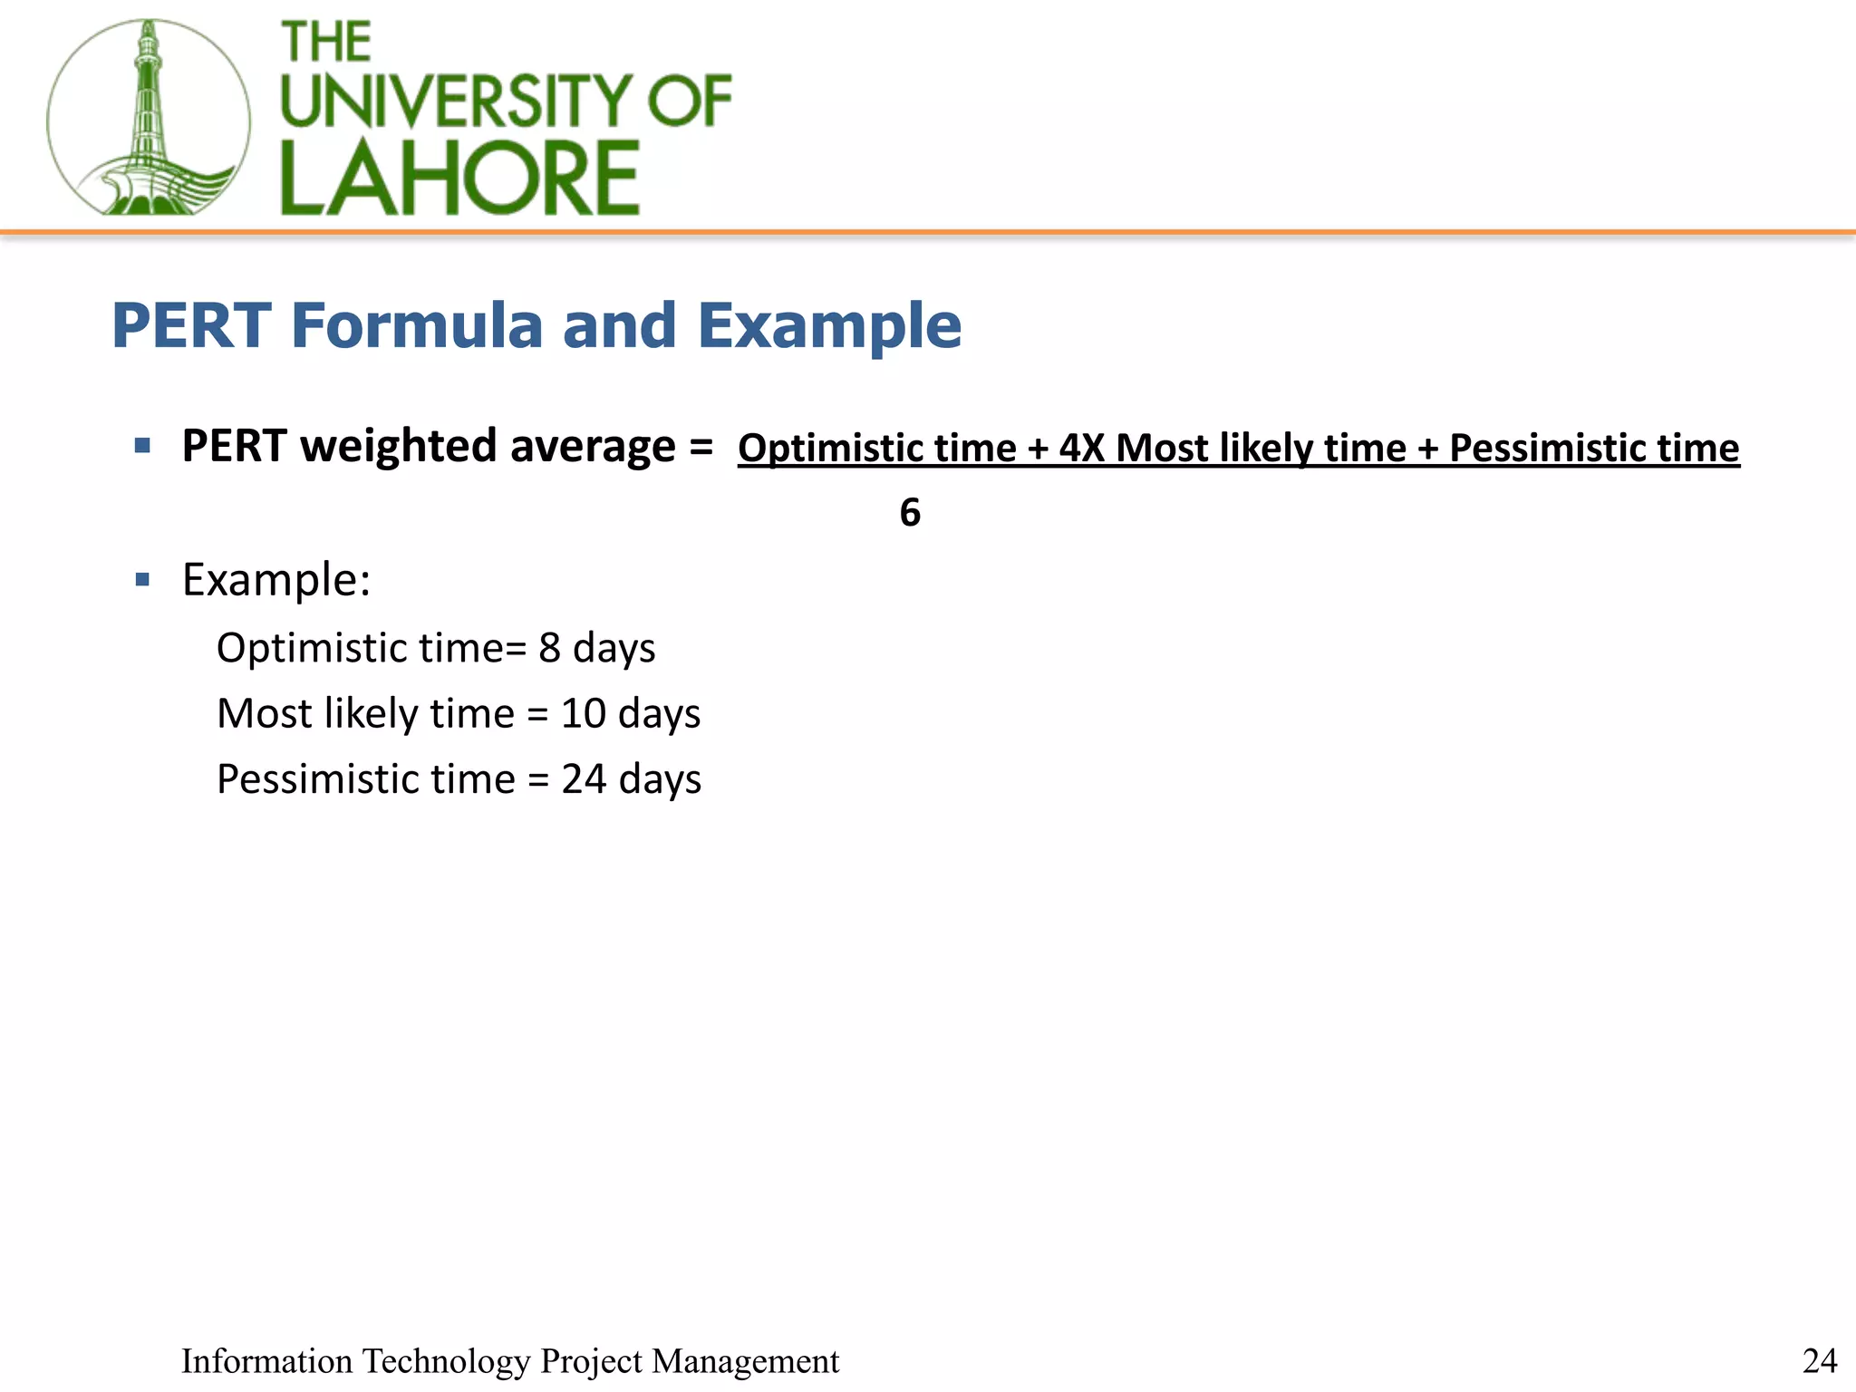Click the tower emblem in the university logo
[148, 118]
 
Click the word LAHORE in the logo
[459, 178]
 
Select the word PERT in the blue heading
[191, 325]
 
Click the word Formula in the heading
[416, 325]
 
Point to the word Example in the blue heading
[829, 325]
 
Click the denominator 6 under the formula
[910, 513]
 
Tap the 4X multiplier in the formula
[1082, 448]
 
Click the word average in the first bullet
[593, 446]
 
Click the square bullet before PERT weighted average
[142, 445]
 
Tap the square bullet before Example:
[142, 579]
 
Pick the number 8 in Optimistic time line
[549, 648]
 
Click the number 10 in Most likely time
[583, 713]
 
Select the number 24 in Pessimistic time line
[584, 778]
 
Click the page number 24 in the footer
[1820, 1360]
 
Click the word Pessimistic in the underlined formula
[1547, 448]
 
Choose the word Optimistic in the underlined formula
[831, 448]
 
